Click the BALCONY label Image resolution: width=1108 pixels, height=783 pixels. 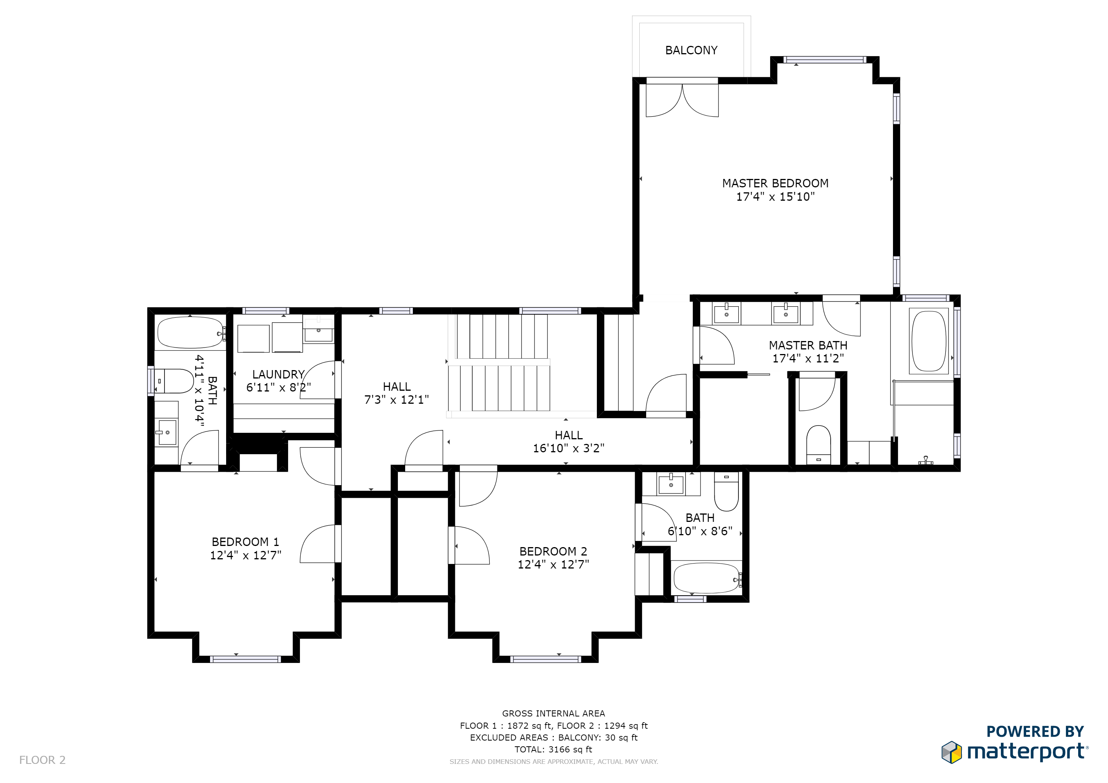click(691, 50)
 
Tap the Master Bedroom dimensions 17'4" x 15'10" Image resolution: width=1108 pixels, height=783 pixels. click(775, 197)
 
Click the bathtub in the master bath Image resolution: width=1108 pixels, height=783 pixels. click(929, 341)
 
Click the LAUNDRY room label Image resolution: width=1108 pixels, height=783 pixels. click(278, 374)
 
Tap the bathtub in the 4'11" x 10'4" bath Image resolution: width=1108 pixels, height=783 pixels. click(191, 332)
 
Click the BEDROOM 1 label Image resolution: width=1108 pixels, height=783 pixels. click(245, 542)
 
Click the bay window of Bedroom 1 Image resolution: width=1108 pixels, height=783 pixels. click(246, 659)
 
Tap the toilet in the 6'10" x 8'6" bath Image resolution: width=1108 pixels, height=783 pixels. click(726, 491)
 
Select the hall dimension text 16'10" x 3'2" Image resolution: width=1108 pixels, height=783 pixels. click(569, 448)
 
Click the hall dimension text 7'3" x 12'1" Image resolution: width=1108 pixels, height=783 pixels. click(396, 400)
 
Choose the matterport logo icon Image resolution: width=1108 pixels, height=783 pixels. click(951, 753)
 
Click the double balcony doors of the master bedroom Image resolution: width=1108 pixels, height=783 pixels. click(682, 100)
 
